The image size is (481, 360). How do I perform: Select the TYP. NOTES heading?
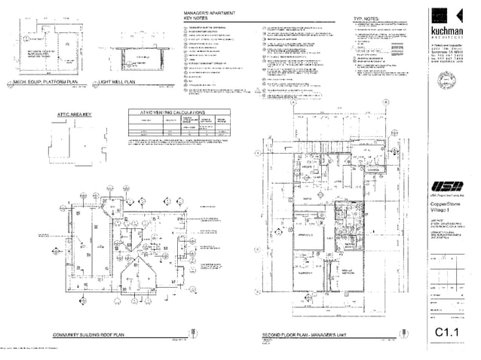tap(366, 18)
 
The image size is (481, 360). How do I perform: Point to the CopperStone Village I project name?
tap(446, 205)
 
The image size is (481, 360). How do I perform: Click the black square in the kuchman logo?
tap(441, 16)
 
